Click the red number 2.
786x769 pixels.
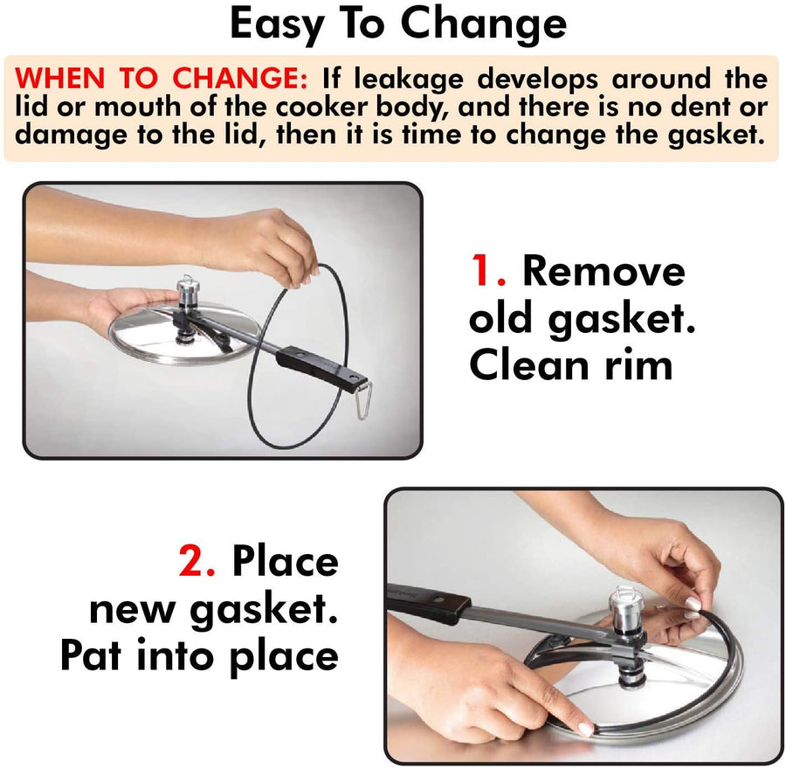click(x=196, y=561)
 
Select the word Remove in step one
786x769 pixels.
click(x=603, y=273)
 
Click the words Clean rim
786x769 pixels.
click(x=571, y=365)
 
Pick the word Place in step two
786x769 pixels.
click(x=285, y=561)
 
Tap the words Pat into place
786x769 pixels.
click(x=199, y=655)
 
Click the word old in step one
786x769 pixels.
click(x=505, y=320)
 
